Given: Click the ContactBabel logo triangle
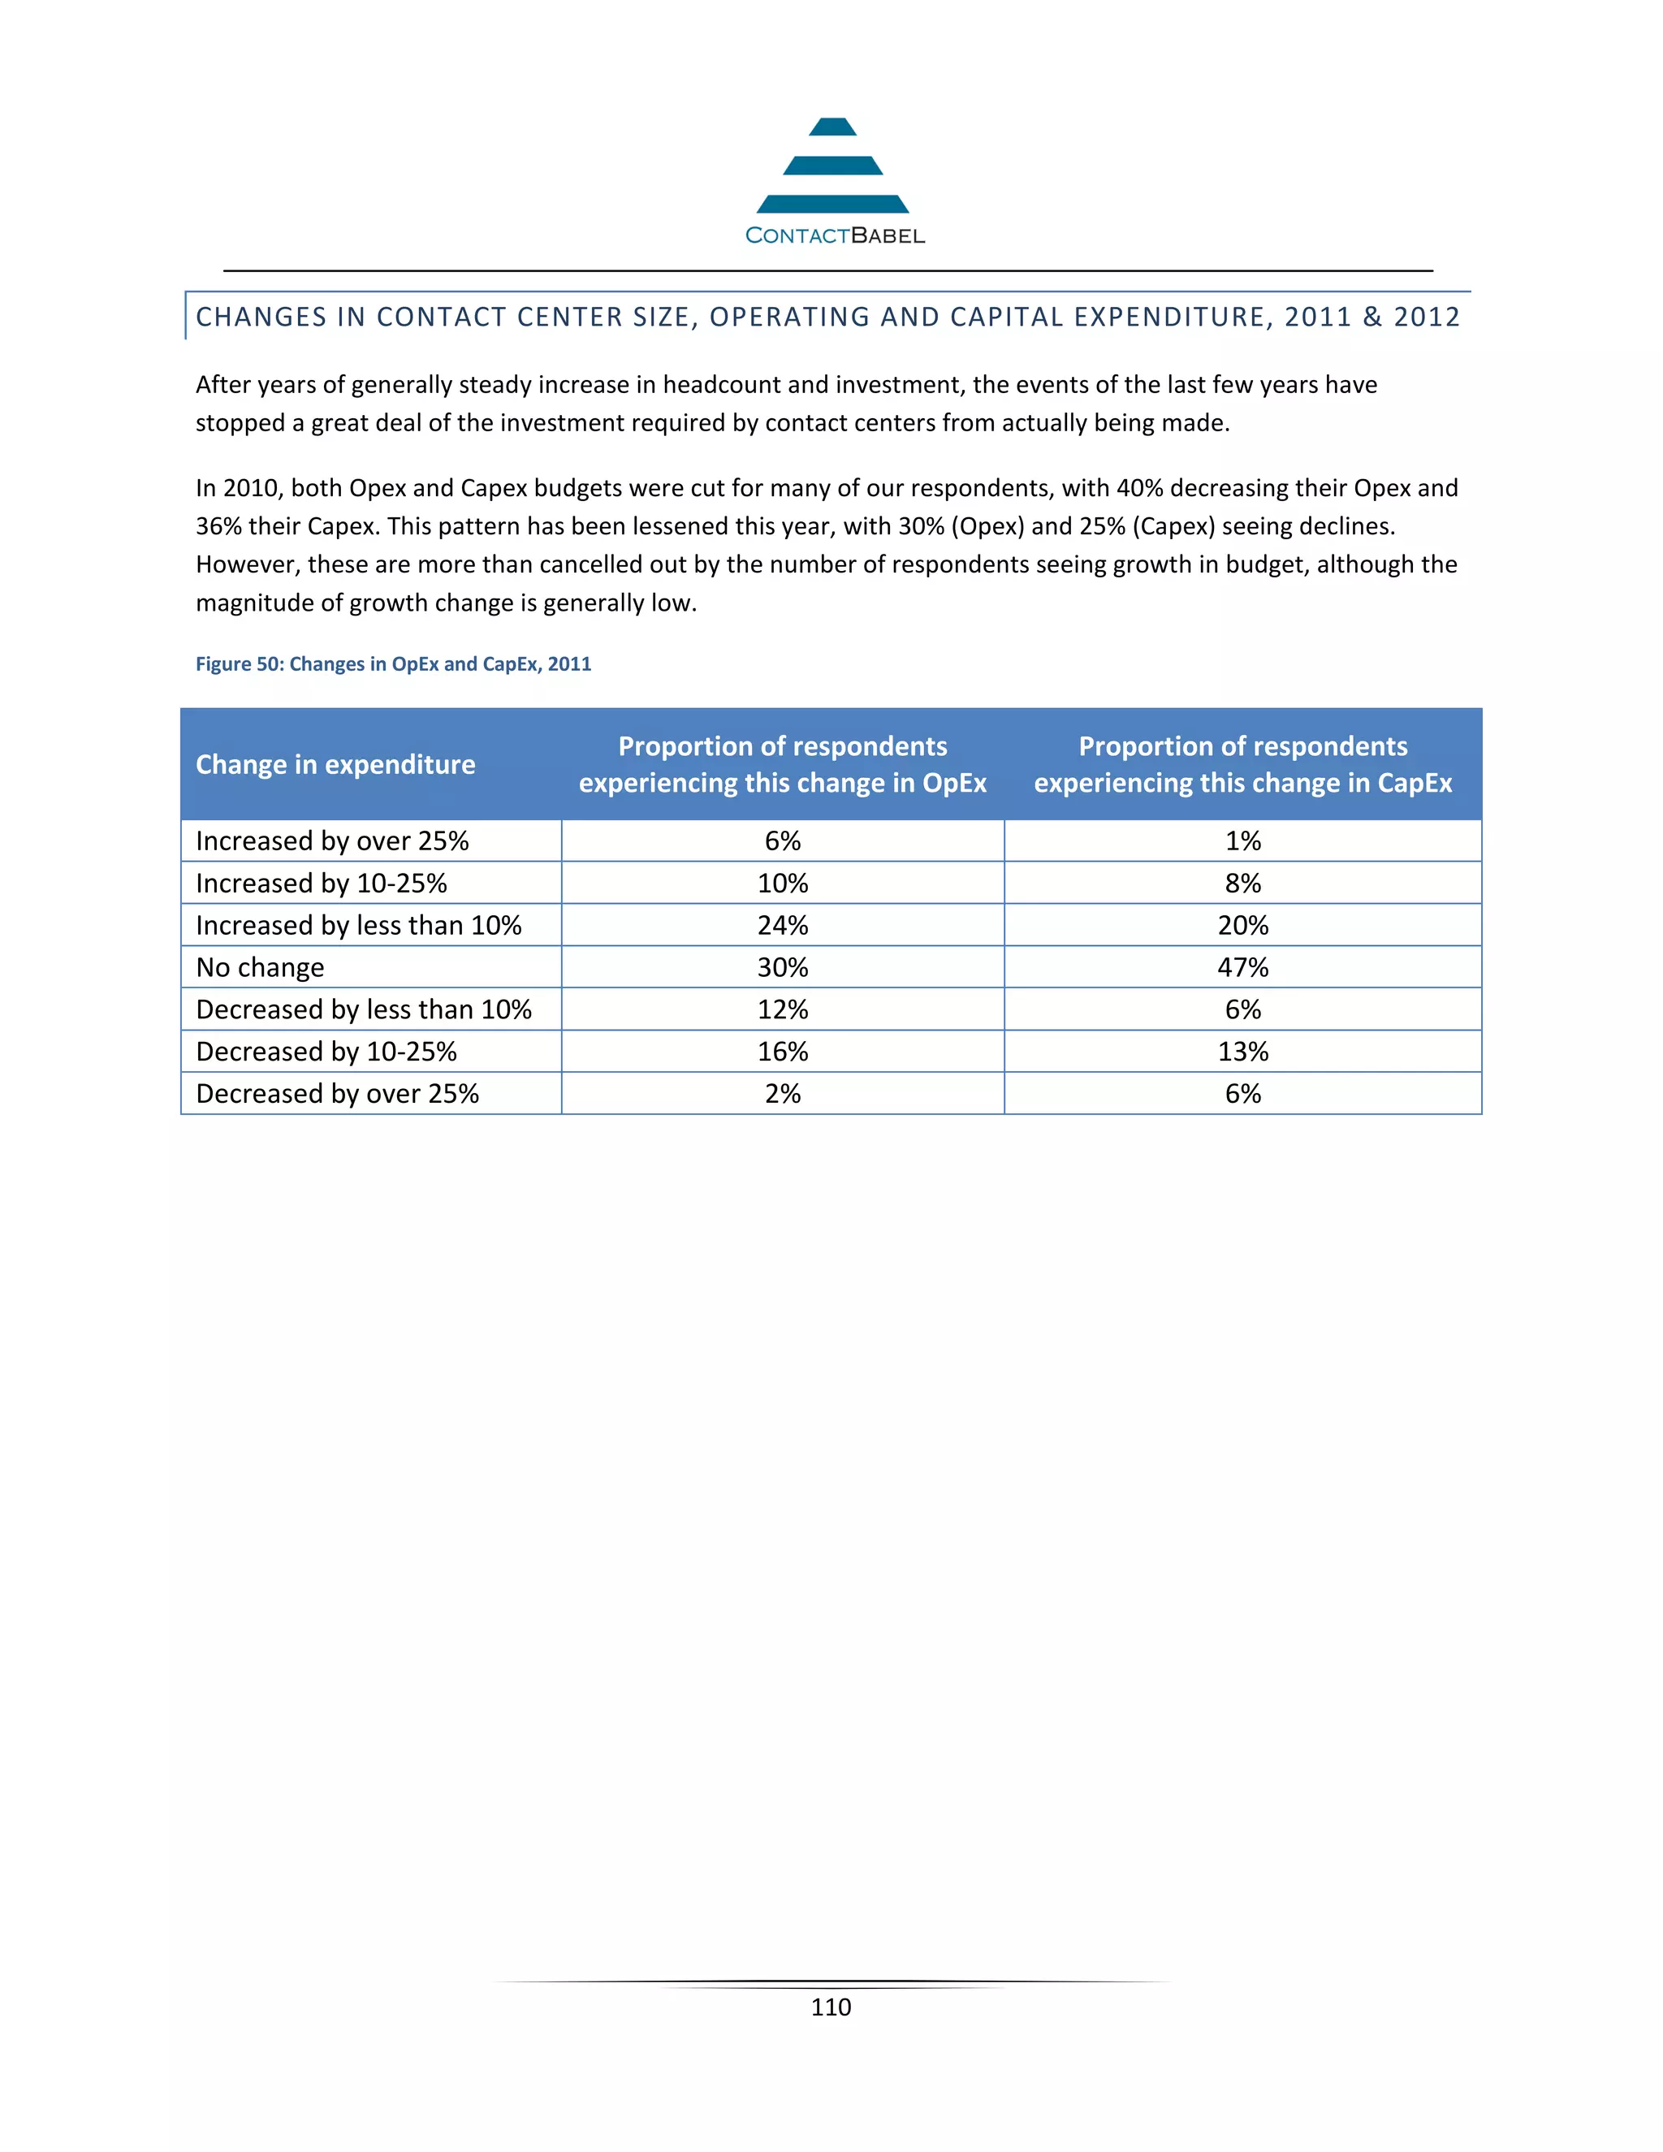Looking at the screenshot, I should pyautogui.click(x=832, y=166).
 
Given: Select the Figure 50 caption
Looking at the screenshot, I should pyautogui.click(x=393, y=664).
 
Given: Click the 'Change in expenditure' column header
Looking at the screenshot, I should pyautogui.click(x=335, y=765).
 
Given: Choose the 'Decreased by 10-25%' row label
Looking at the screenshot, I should pyautogui.click(x=326, y=1052).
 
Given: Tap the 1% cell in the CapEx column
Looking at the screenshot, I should pyautogui.click(x=1242, y=841).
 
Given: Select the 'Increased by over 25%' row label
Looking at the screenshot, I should pyautogui.click(x=332, y=841).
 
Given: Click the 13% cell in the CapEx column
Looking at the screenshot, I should pyautogui.click(x=1242, y=1052).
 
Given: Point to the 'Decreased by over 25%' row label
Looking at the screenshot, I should pyautogui.click(x=337, y=1094).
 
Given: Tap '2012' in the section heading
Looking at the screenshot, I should pyautogui.click(x=1426, y=318).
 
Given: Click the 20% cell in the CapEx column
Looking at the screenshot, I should pyautogui.click(x=1242, y=925).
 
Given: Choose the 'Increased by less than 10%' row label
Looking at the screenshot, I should pyautogui.click(x=359, y=925).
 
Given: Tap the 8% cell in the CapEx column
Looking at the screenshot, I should pyautogui.click(x=1242, y=884).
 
